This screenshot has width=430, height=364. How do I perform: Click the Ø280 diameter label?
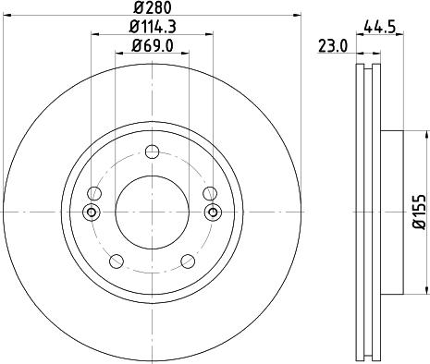point(153,8)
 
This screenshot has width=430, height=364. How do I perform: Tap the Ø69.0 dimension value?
point(153,45)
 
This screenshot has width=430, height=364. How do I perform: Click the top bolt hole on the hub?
point(153,152)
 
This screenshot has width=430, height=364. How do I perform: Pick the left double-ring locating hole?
point(92,212)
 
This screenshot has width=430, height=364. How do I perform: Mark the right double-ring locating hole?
point(214,212)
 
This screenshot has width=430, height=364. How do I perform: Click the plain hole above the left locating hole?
point(95,193)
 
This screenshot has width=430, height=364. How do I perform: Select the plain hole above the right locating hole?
point(210,193)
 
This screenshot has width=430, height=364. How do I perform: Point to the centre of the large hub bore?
point(153,212)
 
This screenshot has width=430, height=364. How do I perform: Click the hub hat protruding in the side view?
point(392,212)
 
